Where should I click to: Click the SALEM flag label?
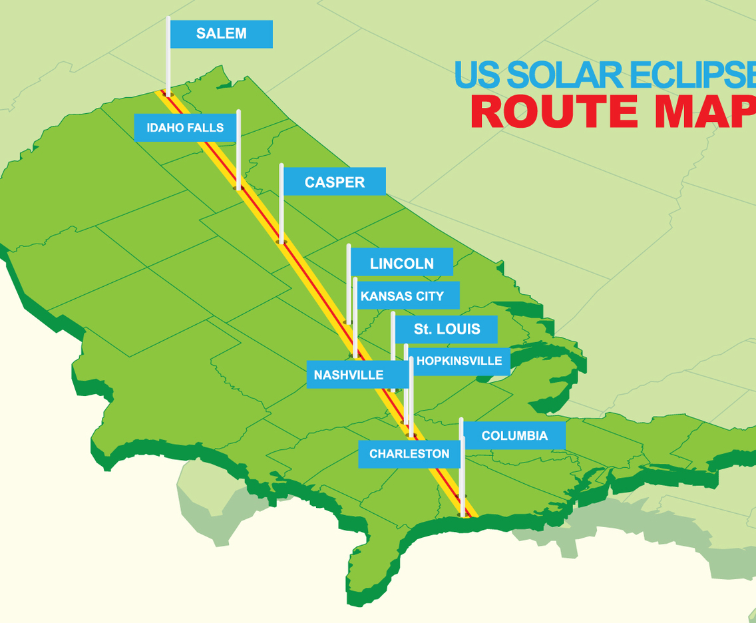(x=221, y=34)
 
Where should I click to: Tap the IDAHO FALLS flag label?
(x=185, y=128)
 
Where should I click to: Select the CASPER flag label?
(x=334, y=182)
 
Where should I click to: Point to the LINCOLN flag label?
(x=401, y=263)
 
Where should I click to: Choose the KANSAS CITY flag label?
(x=401, y=296)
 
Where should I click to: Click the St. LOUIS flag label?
(x=446, y=329)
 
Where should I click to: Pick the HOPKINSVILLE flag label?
(x=459, y=361)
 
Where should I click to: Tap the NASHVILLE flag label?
(x=348, y=375)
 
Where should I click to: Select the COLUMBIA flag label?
(x=514, y=436)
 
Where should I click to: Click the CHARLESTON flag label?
(x=409, y=454)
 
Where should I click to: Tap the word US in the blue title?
(x=476, y=75)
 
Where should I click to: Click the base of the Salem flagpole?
(x=169, y=95)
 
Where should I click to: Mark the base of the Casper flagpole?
(x=282, y=242)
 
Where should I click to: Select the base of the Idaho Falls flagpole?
(x=238, y=188)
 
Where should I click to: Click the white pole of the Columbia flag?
(x=462, y=473)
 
